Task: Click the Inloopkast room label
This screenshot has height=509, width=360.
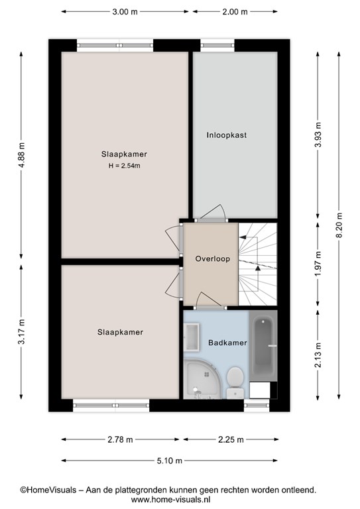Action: click(x=227, y=135)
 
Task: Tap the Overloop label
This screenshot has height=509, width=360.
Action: click(x=213, y=258)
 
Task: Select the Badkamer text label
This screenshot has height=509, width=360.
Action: click(x=227, y=343)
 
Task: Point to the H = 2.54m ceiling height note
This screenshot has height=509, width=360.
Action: click(x=125, y=166)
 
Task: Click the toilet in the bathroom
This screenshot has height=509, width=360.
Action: click(x=235, y=382)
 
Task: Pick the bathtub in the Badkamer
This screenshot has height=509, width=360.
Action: click(x=263, y=346)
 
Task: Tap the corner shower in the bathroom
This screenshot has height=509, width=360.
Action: click(x=202, y=379)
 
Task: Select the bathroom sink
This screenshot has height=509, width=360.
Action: click(x=192, y=337)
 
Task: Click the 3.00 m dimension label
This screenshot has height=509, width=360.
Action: click(x=125, y=12)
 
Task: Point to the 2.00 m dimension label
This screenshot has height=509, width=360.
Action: click(x=235, y=12)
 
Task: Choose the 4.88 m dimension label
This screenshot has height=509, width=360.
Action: click(x=21, y=155)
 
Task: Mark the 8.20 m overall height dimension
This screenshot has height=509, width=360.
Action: click(x=339, y=225)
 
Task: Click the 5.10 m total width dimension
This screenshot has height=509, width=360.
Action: click(x=170, y=461)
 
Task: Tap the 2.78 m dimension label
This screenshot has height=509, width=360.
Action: click(x=120, y=439)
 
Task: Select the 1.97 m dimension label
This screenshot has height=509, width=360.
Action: click(x=318, y=264)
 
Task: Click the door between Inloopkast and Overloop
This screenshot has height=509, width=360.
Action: click(x=211, y=214)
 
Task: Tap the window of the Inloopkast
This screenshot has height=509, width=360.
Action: click(x=217, y=46)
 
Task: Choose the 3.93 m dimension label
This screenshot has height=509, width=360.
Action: click(x=318, y=135)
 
